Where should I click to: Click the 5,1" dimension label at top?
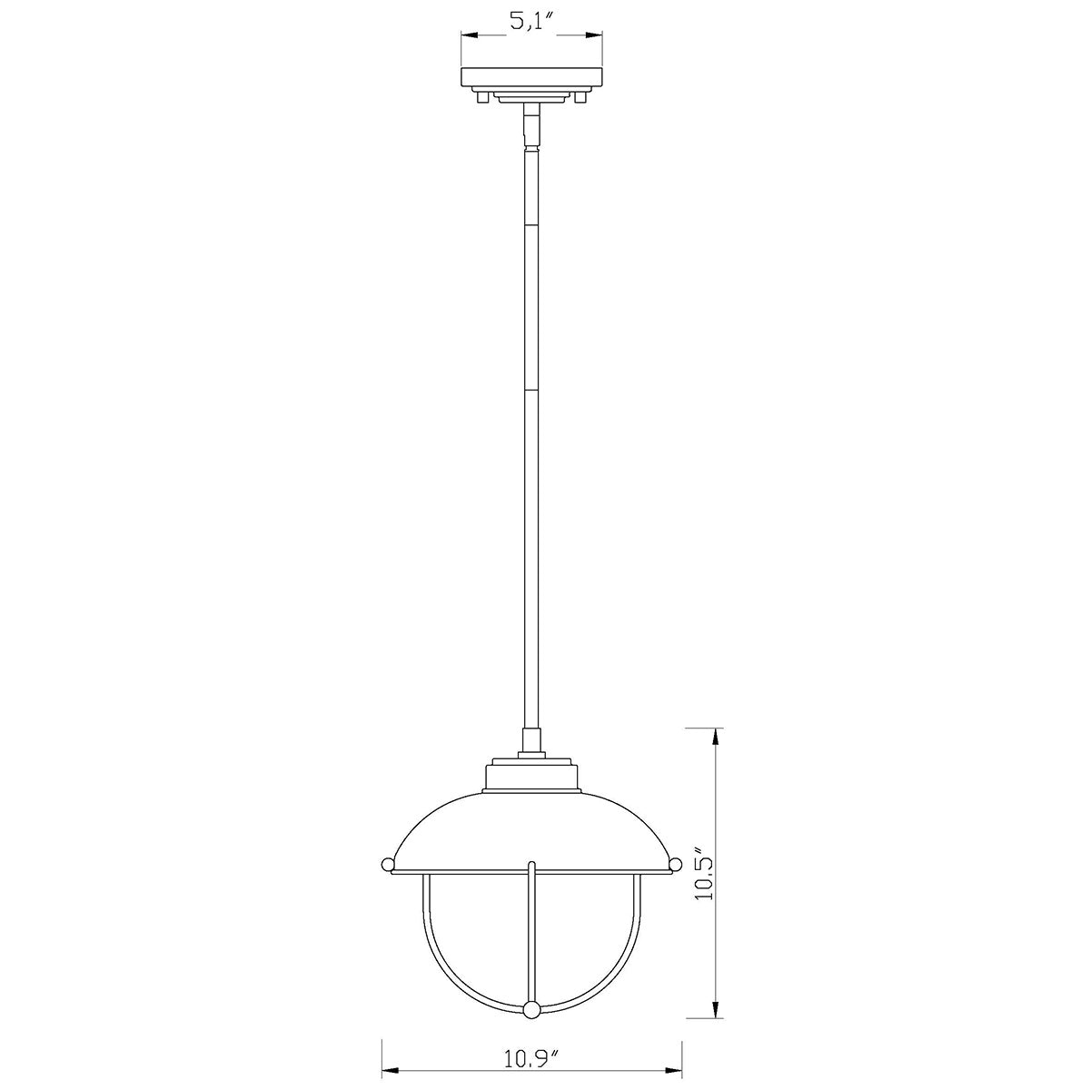[x=530, y=24]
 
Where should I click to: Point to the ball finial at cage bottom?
[x=531, y=931]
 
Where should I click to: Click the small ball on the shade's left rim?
[x=388, y=863]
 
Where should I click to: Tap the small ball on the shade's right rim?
[x=674, y=863]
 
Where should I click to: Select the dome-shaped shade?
[x=531, y=831]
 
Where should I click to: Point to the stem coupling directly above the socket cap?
[x=530, y=743]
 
